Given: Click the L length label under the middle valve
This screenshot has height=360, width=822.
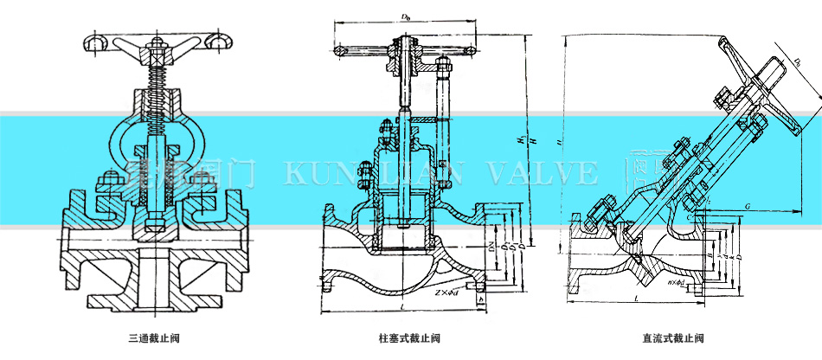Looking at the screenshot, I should point(406,307).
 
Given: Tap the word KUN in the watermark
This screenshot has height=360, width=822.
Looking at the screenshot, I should point(311,173).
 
